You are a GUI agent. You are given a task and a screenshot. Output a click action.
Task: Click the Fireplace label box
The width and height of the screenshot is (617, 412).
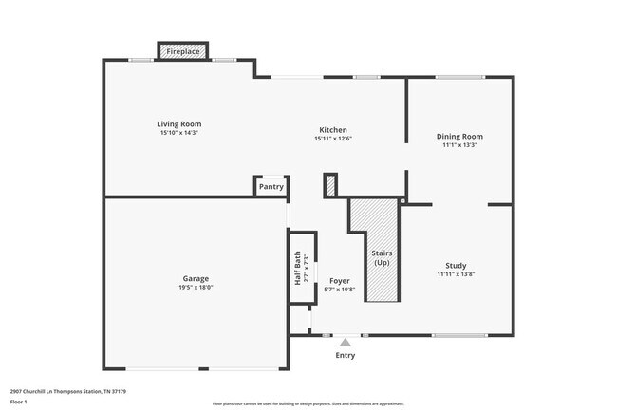pyautogui.click(x=184, y=51)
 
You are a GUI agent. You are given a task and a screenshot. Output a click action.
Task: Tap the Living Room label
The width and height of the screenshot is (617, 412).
pyautogui.click(x=178, y=124)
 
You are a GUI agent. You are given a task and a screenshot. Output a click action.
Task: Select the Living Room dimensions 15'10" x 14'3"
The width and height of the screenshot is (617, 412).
pyautogui.click(x=178, y=133)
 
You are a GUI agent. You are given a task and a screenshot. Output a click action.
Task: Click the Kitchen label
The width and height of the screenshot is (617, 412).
pyautogui.click(x=332, y=130)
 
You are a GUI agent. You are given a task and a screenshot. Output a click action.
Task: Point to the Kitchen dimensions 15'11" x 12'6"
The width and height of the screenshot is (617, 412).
pyautogui.click(x=332, y=139)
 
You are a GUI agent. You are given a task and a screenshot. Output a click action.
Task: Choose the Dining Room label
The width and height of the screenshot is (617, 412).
pyautogui.click(x=459, y=137)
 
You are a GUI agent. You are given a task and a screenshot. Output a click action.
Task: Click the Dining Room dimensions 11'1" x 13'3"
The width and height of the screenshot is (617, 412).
pyautogui.click(x=459, y=145)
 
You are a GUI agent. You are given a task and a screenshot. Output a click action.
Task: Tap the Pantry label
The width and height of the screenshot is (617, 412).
pyautogui.click(x=271, y=187)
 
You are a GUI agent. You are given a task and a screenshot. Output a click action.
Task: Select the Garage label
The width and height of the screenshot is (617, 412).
pyautogui.click(x=196, y=278)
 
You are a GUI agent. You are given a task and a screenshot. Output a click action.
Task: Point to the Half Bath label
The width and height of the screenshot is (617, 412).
pyautogui.click(x=297, y=269)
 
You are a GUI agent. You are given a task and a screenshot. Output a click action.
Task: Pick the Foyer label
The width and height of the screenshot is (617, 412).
pyautogui.click(x=340, y=281)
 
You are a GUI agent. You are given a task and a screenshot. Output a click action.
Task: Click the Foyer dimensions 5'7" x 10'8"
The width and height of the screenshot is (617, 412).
pyautogui.click(x=340, y=290)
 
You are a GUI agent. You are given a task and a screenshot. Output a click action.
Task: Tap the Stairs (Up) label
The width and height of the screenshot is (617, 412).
pyautogui.click(x=382, y=257)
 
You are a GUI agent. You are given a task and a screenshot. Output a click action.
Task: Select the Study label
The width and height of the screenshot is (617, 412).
pyautogui.click(x=456, y=266)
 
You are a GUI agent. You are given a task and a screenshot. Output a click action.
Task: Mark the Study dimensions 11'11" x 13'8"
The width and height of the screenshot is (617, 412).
pyautogui.click(x=456, y=274)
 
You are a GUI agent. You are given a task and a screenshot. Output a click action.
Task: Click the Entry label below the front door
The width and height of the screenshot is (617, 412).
pyautogui.click(x=345, y=356)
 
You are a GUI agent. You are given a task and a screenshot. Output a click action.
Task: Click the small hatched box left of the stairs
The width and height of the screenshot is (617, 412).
pyautogui.click(x=330, y=185)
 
